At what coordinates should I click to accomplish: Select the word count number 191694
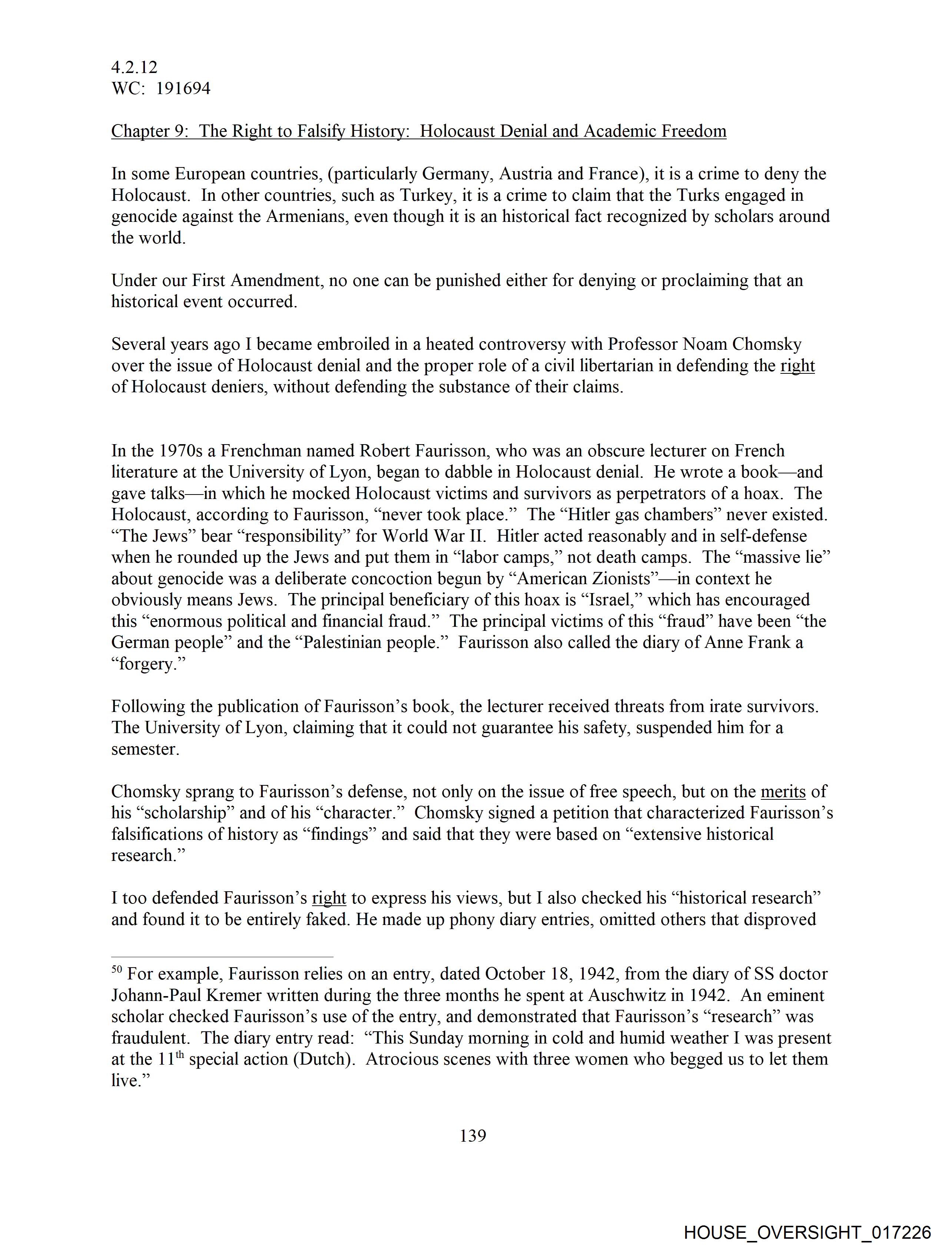[183, 89]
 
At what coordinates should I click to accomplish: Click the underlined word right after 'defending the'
[797, 366]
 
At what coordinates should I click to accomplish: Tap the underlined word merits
[783, 792]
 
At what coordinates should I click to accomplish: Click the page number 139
[472, 1135]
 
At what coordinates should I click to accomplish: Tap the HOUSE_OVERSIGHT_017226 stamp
[807, 1232]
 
